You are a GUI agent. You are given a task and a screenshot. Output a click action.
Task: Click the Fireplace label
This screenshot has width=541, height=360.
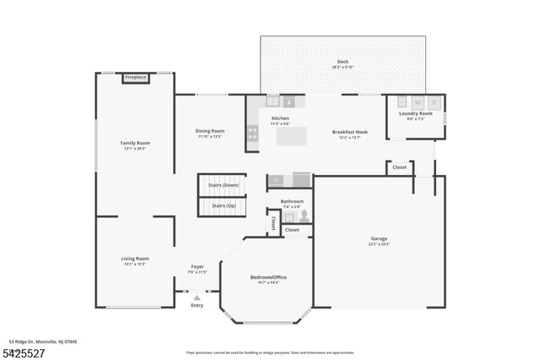tap(135, 78)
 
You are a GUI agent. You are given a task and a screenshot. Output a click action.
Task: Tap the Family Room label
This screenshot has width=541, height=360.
tap(134, 144)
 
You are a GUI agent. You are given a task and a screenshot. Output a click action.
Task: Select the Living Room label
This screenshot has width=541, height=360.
tap(134, 259)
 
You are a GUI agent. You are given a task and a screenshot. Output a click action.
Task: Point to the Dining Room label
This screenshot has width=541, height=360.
tap(210, 131)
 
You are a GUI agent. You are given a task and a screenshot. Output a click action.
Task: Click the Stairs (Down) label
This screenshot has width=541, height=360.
tap(225, 184)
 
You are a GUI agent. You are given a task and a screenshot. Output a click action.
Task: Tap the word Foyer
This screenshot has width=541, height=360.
tap(196, 267)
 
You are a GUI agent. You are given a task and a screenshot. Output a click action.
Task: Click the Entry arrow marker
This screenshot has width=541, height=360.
tap(197, 297)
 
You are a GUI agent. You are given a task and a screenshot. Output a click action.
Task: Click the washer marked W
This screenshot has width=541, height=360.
tap(417, 102)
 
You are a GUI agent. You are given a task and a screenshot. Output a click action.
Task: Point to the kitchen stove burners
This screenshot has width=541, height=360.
tap(252, 133)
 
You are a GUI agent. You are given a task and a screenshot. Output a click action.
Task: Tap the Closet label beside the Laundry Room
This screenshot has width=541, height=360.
tap(399, 167)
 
